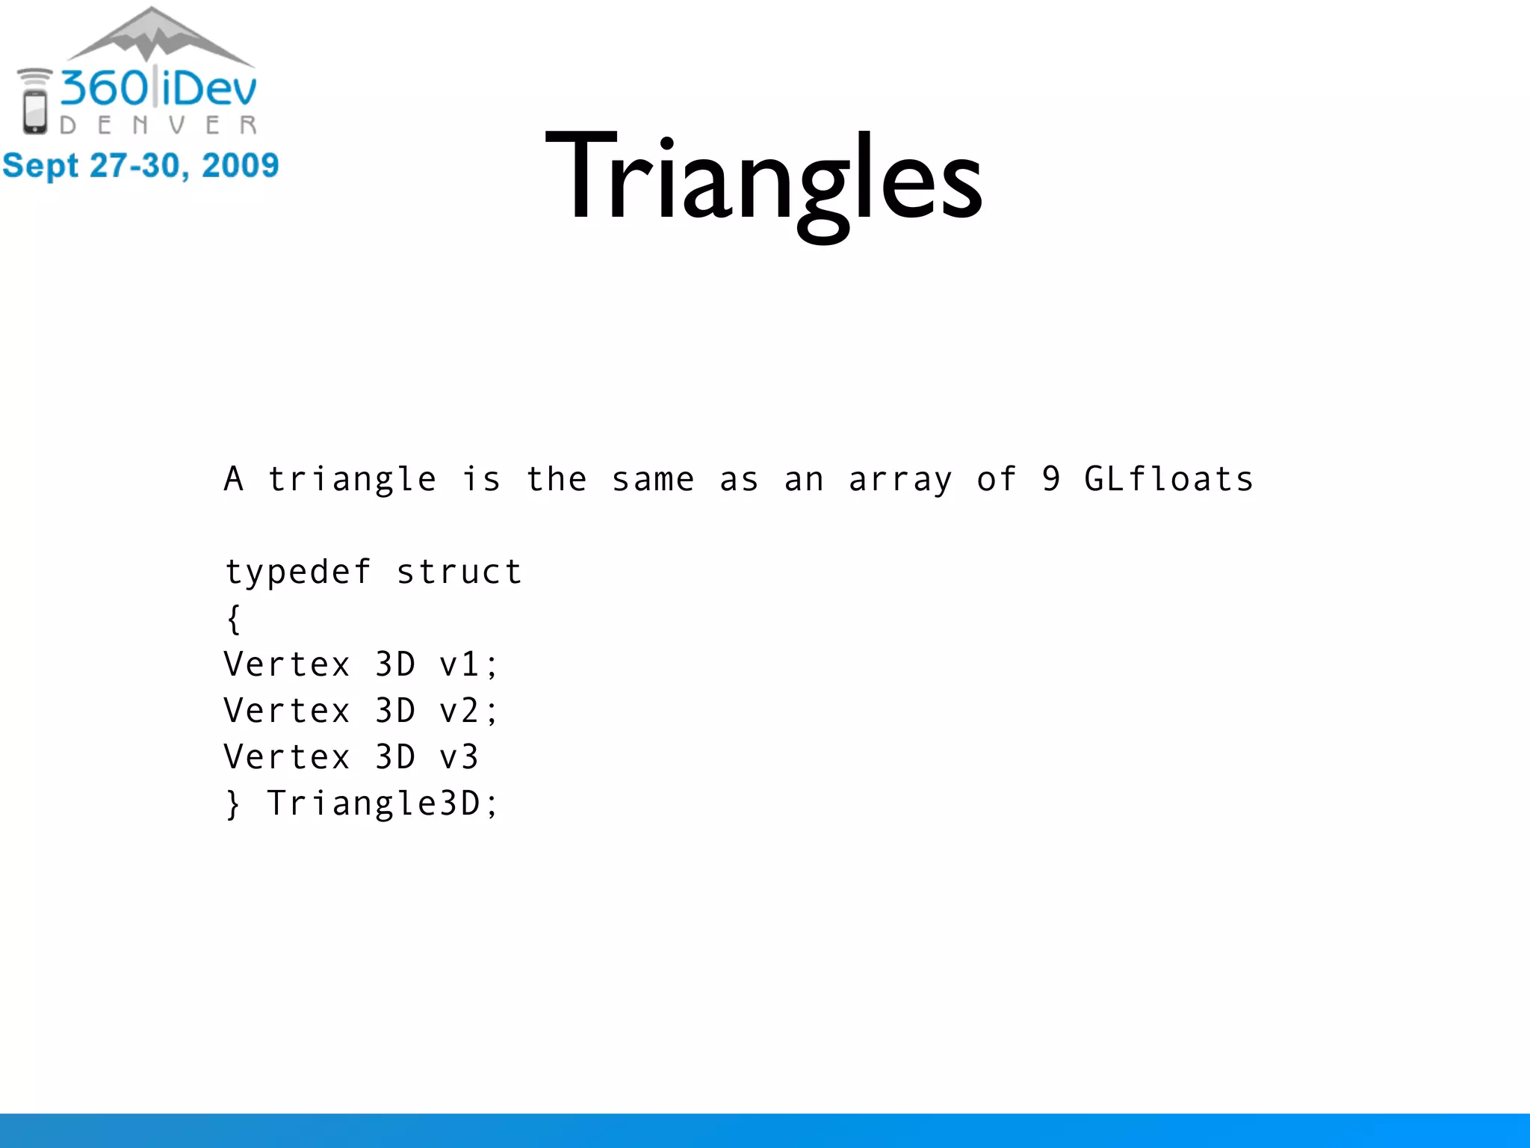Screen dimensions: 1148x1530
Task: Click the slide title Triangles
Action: (764, 179)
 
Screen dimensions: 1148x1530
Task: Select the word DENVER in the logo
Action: (158, 125)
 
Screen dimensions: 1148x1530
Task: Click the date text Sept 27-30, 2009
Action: (140, 165)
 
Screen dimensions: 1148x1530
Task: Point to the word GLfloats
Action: (1168, 479)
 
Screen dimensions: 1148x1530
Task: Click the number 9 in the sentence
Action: (1051, 479)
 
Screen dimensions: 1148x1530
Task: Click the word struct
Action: (459, 572)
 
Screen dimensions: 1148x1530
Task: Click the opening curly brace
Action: (234, 619)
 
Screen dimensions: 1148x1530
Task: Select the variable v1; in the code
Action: (468, 664)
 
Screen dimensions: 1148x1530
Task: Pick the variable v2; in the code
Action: (468, 711)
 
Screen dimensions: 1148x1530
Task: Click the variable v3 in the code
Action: (459, 757)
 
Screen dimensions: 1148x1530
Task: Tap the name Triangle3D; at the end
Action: (382, 804)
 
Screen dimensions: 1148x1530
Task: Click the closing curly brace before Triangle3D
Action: (234, 804)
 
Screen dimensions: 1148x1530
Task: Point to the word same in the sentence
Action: (653, 479)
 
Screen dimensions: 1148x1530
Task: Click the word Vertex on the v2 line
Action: (287, 711)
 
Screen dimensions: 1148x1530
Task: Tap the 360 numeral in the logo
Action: (105, 88)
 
